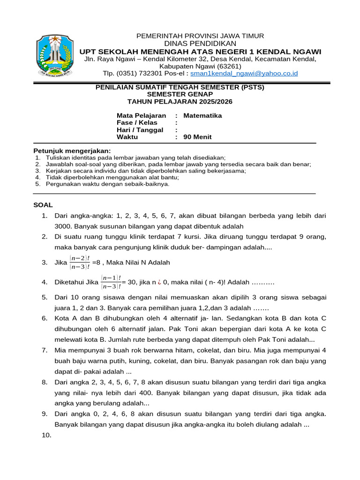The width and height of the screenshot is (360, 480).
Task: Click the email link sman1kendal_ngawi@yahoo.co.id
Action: click(x=244, y=74)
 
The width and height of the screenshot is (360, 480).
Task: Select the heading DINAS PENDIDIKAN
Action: click(x=200, y=44)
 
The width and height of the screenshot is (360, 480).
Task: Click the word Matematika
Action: click(x=202, y=115)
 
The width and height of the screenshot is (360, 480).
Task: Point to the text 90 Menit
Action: click(x=197, y=137)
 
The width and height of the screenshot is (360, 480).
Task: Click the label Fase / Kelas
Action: click(x=137, y=122)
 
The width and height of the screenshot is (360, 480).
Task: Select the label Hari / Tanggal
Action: click(x=140, y=130)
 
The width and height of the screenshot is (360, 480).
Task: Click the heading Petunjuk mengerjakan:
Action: click(x=72, y=150)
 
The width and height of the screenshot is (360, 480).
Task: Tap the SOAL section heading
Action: click(x=43, y=205)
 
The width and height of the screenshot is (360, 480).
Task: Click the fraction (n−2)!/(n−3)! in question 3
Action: click(x=80, y=262)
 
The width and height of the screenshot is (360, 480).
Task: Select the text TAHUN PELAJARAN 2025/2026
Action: click(x=180, y=101)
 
